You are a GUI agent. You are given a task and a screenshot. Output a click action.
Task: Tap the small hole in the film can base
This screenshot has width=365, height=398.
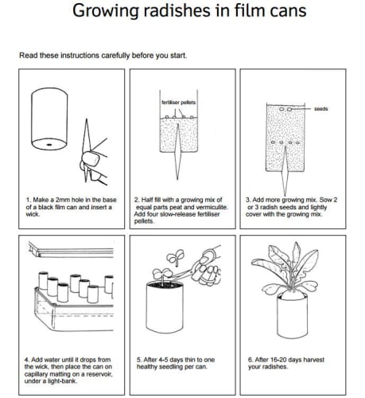(49, 145)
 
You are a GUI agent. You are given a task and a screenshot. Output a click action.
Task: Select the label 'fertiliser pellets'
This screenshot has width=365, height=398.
(179, 103)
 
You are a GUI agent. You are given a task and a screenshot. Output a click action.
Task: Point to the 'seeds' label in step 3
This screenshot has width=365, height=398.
(321, 109)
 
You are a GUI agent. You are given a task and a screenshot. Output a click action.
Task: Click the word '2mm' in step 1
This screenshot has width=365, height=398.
(63, 200)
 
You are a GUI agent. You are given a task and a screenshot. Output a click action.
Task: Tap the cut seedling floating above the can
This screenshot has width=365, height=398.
(175, 257)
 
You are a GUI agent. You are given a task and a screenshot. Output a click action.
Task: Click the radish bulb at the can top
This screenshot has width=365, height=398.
(293, 295)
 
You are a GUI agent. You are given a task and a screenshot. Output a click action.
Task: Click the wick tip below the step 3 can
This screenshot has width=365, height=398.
(285, 195)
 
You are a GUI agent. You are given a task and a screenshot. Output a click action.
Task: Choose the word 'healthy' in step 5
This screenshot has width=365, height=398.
(147, 367)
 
